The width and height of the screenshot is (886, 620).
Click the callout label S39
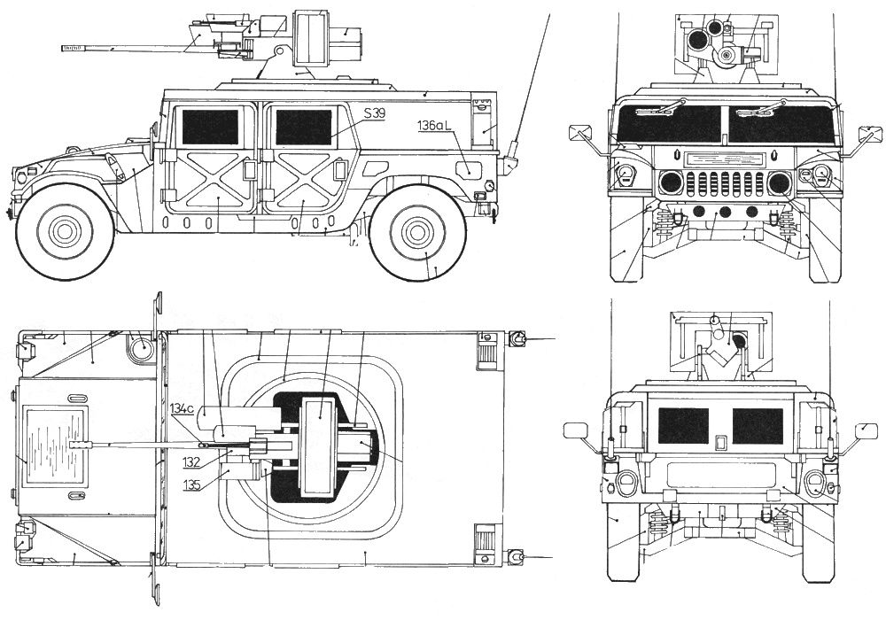(x=374, y=114)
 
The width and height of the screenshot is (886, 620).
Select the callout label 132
(x=192, y=462)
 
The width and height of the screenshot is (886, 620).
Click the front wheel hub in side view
(x=65, y=232)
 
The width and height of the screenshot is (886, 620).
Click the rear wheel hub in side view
(x=417, y=232)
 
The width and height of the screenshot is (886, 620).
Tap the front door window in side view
(x=210, y=127)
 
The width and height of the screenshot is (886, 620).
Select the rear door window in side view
(x=303, y=127)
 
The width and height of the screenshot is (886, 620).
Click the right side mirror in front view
(x=871, y=135)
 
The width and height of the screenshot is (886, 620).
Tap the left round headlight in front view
(x=671, y=183)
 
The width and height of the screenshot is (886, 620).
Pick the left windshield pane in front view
(x=671, y=123)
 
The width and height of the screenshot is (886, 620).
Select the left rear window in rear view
(x=683, y=426)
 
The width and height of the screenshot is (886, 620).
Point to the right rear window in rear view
(x=758, y=426)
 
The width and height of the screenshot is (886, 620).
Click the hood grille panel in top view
(x=56, y=446)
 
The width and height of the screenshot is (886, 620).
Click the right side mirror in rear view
(x=865, y=431)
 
